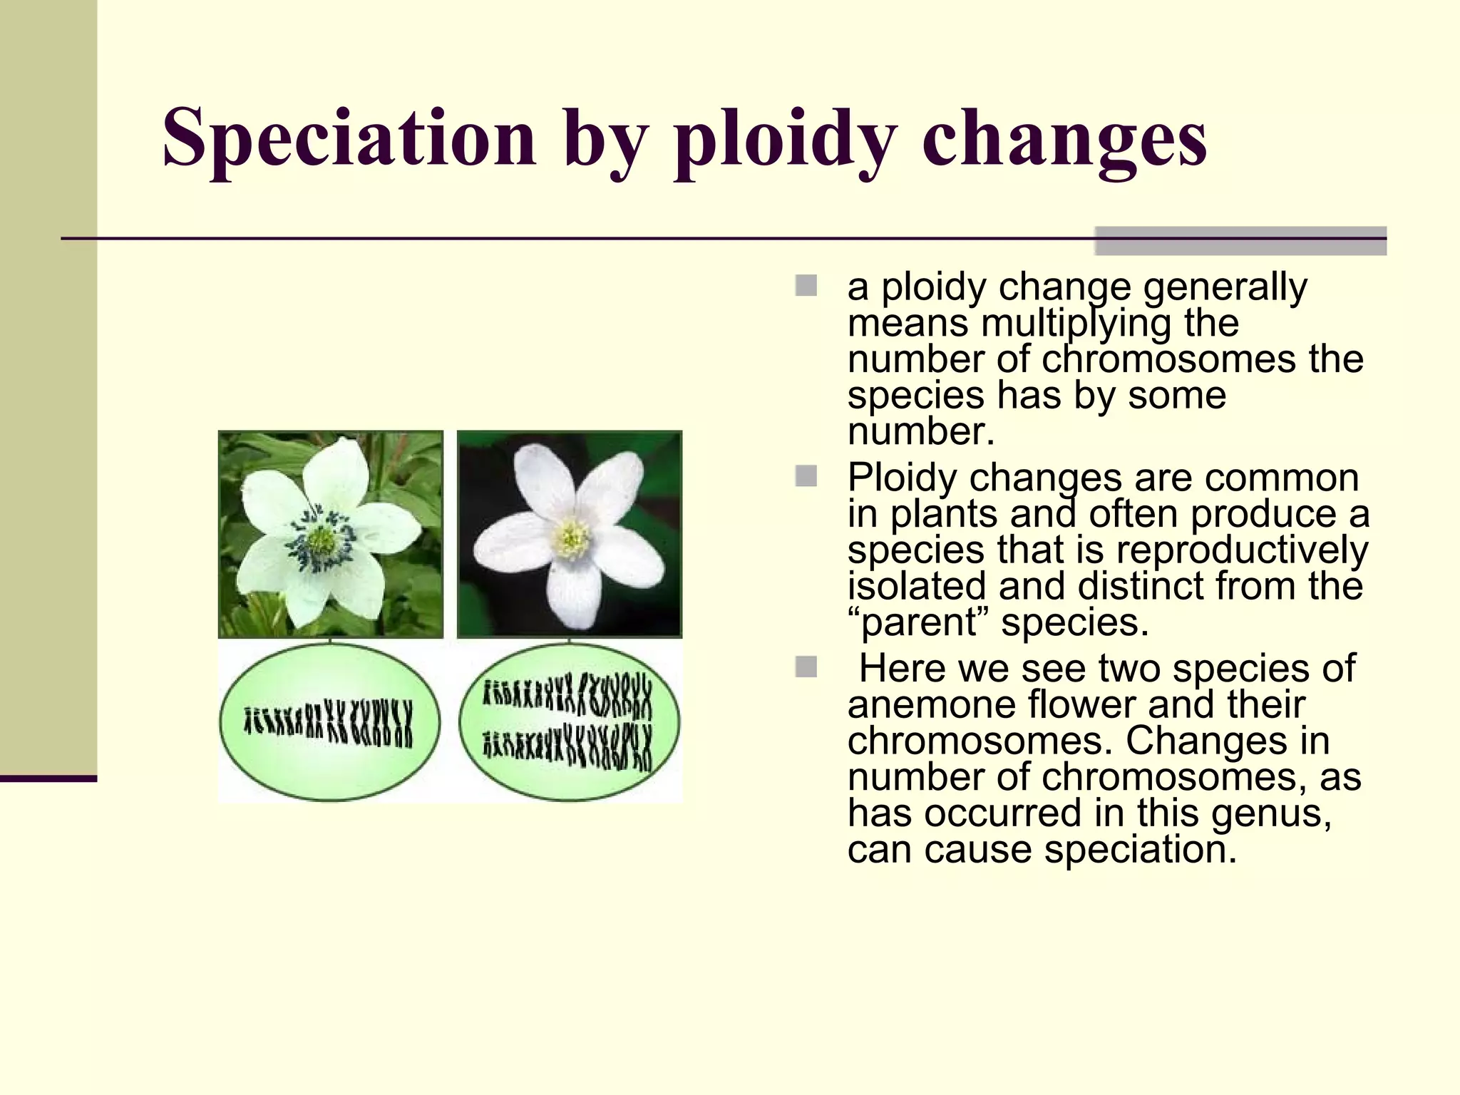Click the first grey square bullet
click(x=806, y=286)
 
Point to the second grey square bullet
click(x=806, y=476)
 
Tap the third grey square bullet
click(x=806, y=667)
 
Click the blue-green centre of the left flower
click(x=321, y=540)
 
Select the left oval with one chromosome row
click(x=329, y=722)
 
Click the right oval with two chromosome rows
click(x=569, y=722)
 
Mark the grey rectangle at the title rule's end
click(x=1240, y=240)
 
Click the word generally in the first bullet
click(x=1225, y=287)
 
